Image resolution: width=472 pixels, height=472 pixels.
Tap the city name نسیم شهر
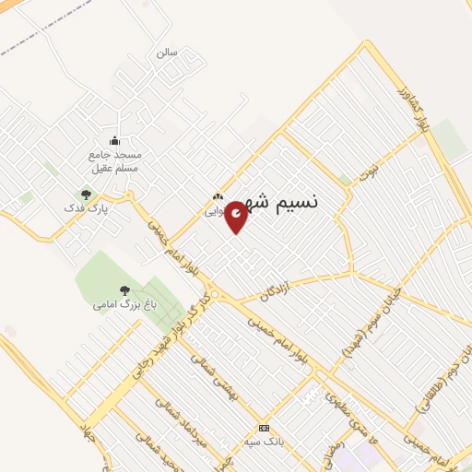tap(282, 203)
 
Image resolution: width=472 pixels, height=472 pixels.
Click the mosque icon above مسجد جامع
tap(114, 140)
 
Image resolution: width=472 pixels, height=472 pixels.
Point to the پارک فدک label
tap(92, 209)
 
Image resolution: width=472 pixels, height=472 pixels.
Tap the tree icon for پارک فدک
tap(86, 195)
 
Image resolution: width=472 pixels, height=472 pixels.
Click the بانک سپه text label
tap(264, 441)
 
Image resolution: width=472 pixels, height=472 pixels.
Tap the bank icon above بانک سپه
tap(264, 428)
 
